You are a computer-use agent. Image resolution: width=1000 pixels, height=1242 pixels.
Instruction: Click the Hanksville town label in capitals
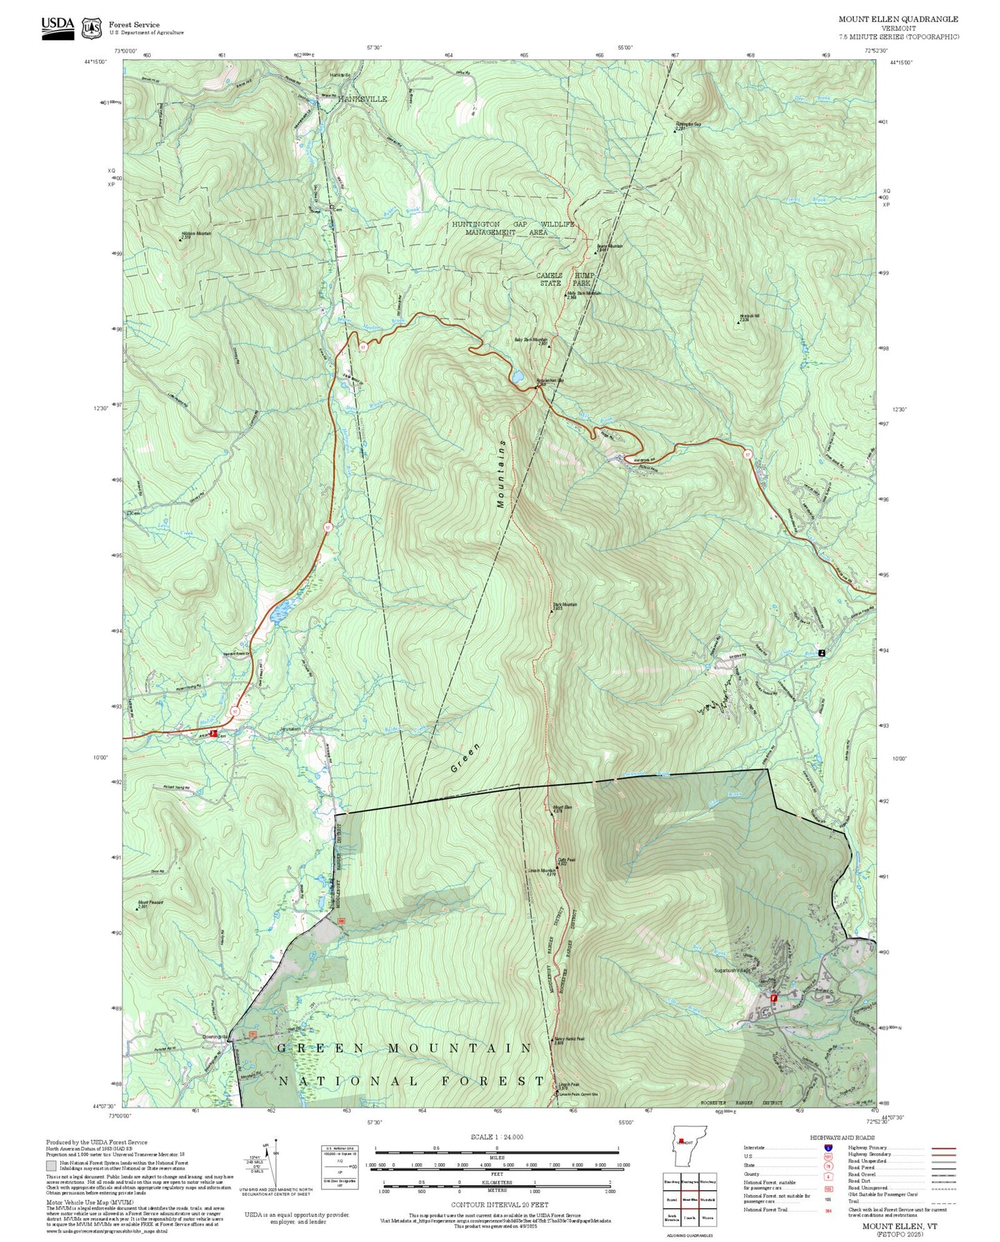coord(362,99)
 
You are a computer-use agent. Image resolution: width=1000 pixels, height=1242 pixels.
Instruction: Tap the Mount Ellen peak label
coord(562,808)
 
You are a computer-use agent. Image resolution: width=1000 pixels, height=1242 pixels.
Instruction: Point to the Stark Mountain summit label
coord(565,606)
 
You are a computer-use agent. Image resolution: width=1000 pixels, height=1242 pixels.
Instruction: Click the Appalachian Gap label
coord(550,380)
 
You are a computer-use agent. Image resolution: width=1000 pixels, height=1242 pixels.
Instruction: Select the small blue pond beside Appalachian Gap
coord(516,377)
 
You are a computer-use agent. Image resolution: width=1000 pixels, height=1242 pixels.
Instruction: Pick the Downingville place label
coord(215,1036)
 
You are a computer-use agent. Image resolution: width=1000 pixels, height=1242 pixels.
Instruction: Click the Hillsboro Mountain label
coord(196,235)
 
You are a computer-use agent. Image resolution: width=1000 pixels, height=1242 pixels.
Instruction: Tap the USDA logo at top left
coord(57,27)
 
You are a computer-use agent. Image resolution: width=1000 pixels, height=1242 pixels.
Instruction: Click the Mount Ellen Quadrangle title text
coord(898,19)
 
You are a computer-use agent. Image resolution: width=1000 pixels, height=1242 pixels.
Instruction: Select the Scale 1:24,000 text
coord(496,1137)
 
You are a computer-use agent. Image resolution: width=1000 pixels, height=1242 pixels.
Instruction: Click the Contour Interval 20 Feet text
coord(499,1205)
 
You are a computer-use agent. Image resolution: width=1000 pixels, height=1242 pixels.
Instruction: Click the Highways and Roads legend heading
coord(842,1137)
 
